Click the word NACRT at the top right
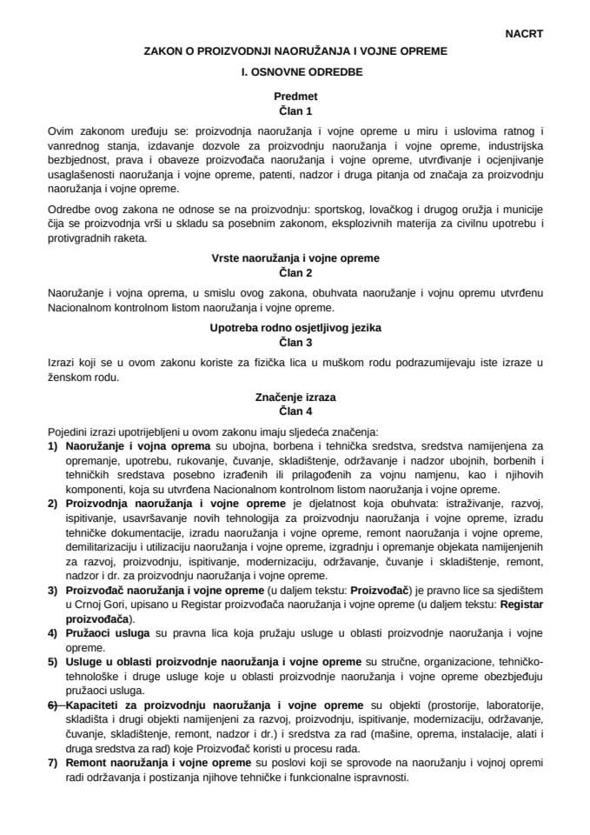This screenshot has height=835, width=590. click(x=523, y=34)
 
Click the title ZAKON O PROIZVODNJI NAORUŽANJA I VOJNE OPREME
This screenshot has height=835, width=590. click(x=295, y=52)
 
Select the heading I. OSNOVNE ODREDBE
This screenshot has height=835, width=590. click(x=295, y=74)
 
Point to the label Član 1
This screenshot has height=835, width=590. click(x=295, y=112)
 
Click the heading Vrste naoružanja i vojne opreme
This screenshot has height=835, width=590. click(x=295, y=258)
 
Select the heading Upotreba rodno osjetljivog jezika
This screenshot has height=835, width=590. click(x=295, y=328)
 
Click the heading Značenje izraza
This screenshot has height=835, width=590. click(x=295, y=397)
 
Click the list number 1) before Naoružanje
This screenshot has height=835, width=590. click(x=53, y=445)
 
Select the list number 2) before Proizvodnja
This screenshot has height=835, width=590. click(x=53, y=504)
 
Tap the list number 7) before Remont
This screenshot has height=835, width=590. click(x=53, y=762)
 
